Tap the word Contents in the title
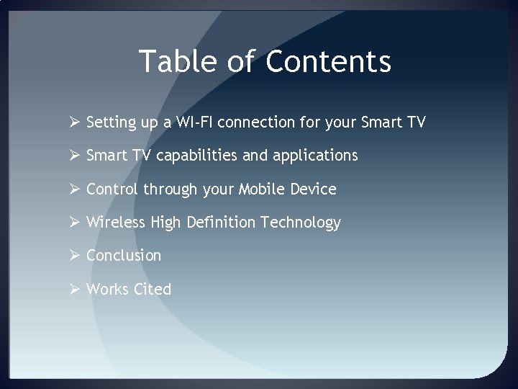tap(328, 61)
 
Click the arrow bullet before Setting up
tap(73, 122)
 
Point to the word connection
tap(269, 122)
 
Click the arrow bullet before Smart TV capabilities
tap(73, 156)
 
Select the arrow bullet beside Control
tap(73, 189)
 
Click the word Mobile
tap(260, 189)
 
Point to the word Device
tap(314, 189)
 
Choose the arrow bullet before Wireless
tap(73, 223)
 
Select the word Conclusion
tap(124, 256)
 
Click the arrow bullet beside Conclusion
tap(73, 256)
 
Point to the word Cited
tap(152, 290)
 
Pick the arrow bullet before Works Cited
tap(73, 290)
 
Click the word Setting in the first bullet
tap(109, 123)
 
